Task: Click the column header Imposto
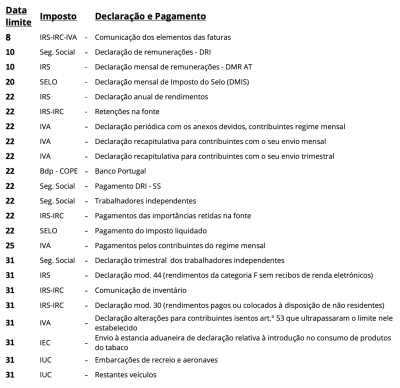click(58, 16)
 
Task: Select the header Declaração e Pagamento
click(150, 16)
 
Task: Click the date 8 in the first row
click(7, 37)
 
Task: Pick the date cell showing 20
click(10, 81)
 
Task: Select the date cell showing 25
click(10, 245)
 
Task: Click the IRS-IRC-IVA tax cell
click(57, 37)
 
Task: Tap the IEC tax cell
click(45, 342)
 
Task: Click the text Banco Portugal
click(120, 171)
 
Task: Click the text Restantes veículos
click(125, 374)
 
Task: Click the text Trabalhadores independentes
click(145, 201)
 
